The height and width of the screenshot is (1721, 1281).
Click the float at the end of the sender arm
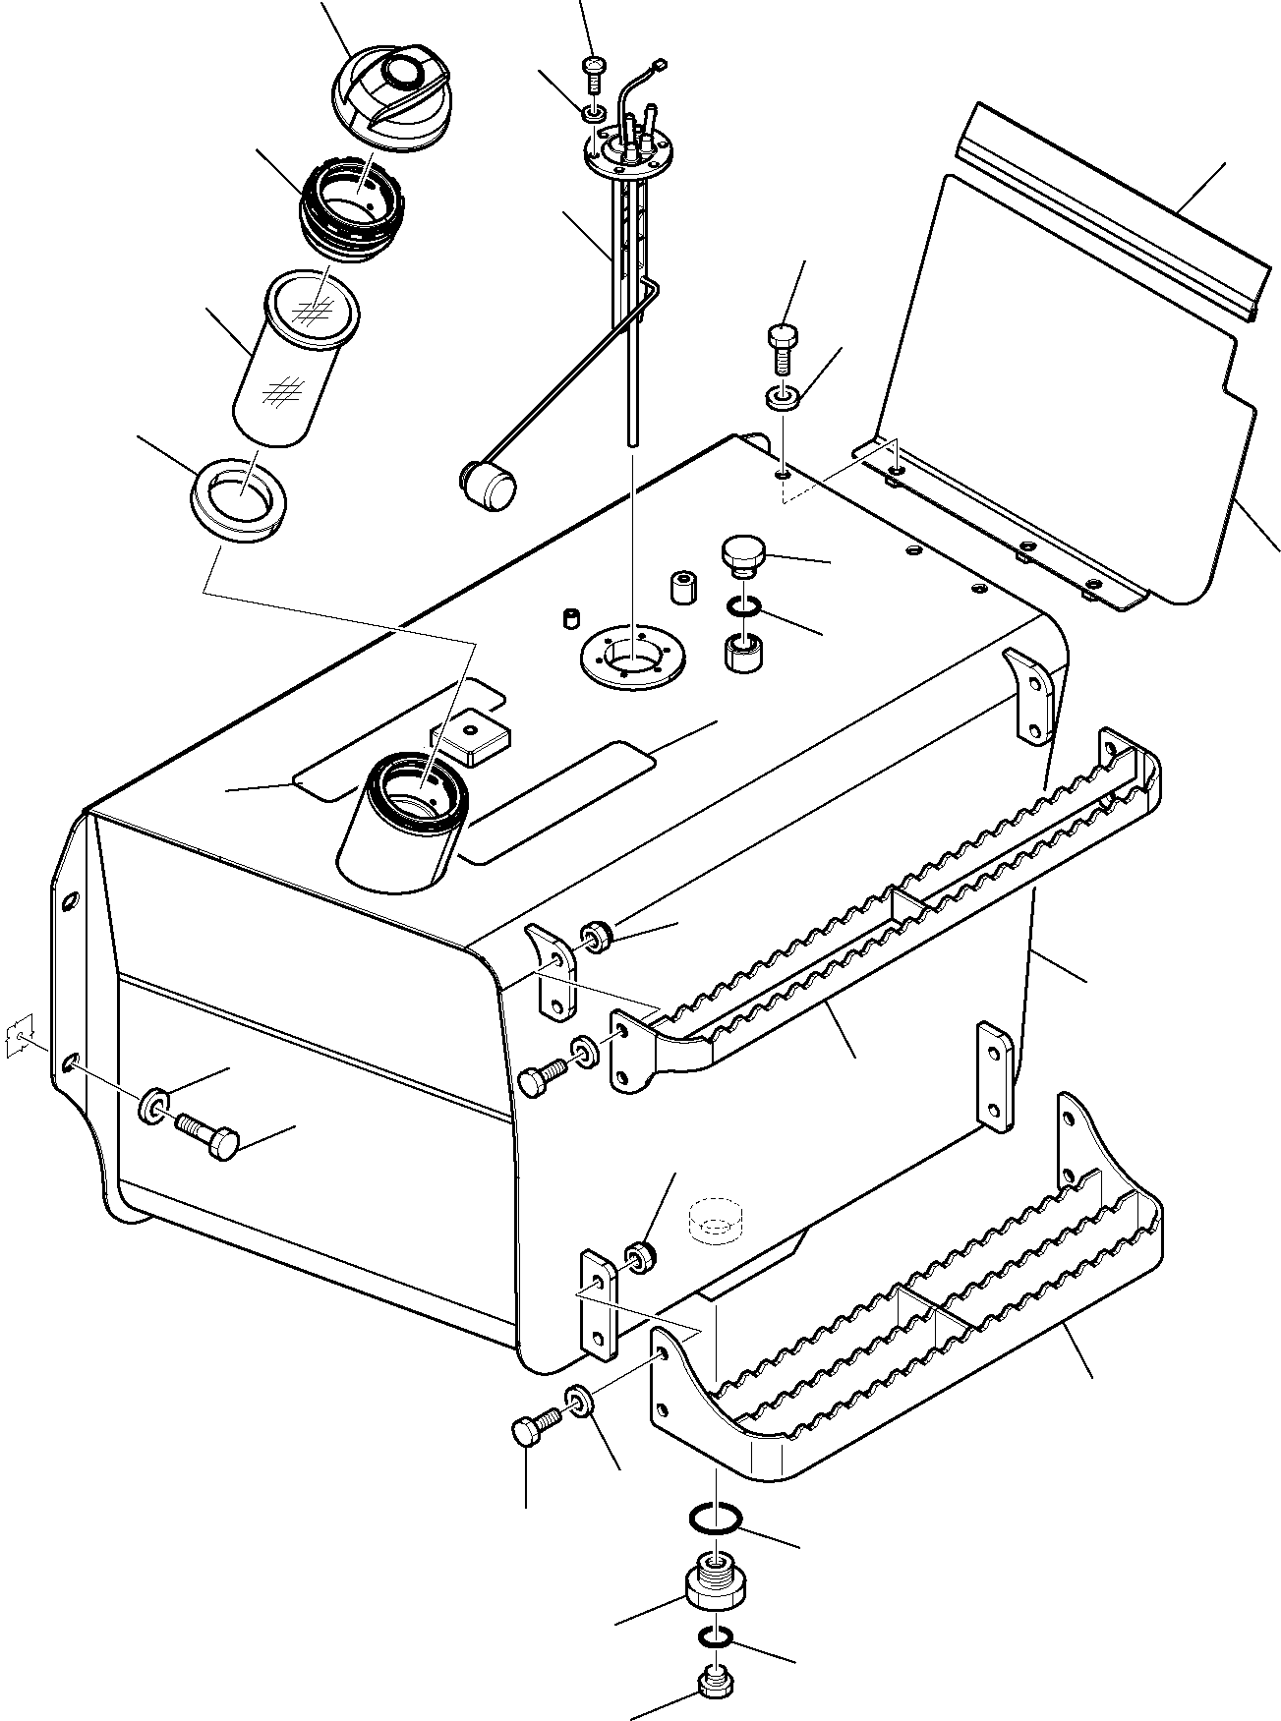(x=487, y=485)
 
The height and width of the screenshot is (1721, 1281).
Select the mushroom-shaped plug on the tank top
(x=741, y=553)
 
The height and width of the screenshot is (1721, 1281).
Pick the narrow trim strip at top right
(x=1111, y=211)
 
